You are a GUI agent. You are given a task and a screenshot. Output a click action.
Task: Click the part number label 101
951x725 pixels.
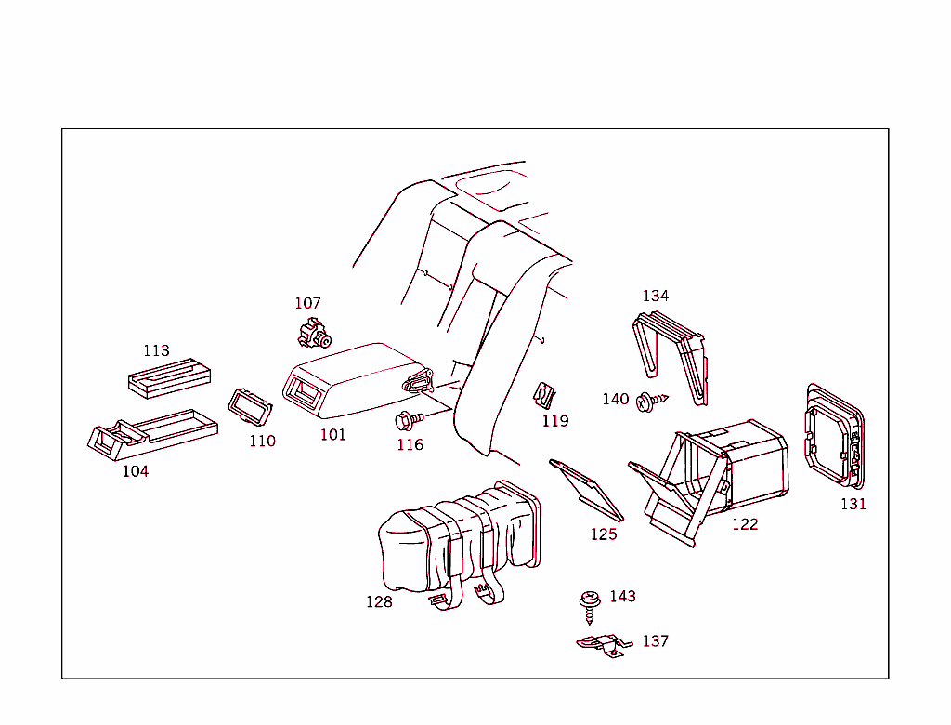pyautogui.click(x=333, y=434)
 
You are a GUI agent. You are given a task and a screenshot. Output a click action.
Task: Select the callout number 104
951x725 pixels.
pyautogui.click(x=136, y=471)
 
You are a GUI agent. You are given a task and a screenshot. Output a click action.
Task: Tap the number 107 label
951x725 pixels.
pyautogui.click(x=307, y=303)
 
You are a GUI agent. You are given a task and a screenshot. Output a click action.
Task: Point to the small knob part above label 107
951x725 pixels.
pyautogui.click(x=314, y=332)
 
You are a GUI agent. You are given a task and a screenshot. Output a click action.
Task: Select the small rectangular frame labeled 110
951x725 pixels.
pyautogui.click(x=249, y=406)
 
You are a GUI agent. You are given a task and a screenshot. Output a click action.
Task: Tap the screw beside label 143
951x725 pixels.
pyautogui.click(x=588, y=604)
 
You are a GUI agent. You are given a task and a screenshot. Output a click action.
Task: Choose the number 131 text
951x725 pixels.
pyautogui.click(x=853, y=504)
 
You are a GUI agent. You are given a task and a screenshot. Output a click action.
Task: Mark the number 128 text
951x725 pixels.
pyautogui.click(x=379, y=601)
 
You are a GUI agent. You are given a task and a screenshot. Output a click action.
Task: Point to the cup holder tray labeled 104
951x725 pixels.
pyautogui.click(x=149, y=434)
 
